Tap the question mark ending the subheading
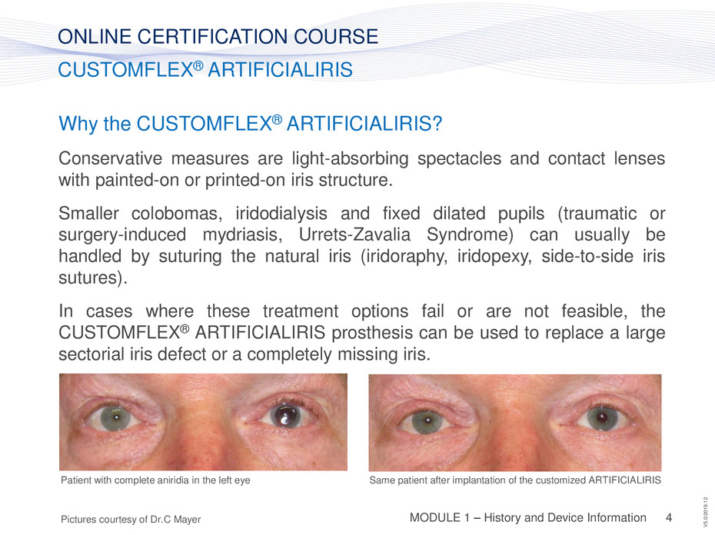(437, 124)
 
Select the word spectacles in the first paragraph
(459, 158)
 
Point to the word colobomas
(177, 214)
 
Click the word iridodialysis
(281, 214)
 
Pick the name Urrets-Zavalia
(354, 235)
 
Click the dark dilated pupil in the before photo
(284, 416)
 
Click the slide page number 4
(669, 517)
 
